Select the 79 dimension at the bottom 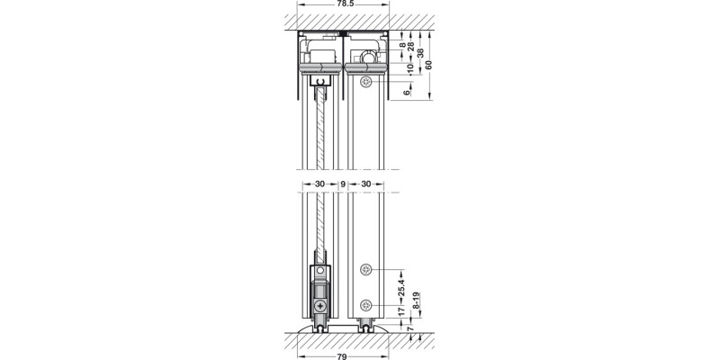(342, 355)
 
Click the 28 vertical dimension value (411, 46)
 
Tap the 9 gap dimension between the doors (342, 184)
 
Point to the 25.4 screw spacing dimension (401, 287)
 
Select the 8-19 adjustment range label (415, 303)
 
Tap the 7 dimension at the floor (411, 334)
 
